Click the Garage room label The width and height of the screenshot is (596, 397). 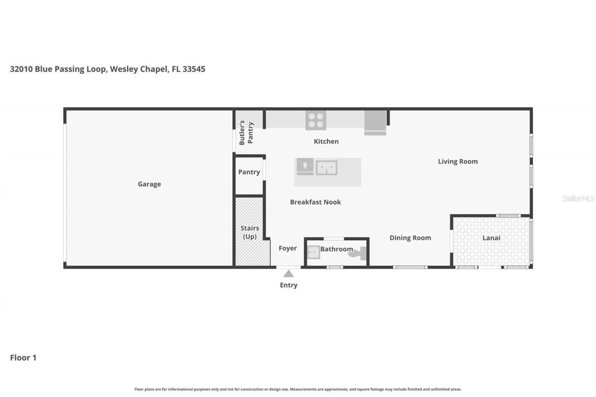[149, 184]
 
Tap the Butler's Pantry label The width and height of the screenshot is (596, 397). [246, 133]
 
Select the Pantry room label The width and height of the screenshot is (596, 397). [249, 172]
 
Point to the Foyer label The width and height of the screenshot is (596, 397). [288, 249]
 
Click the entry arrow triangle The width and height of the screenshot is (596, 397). [289, 274]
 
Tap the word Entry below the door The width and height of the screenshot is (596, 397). [289, 285]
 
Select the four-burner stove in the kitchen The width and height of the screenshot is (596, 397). [316, 120]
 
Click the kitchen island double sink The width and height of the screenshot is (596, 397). [326, 168]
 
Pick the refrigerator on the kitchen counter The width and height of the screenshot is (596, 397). [375, 122]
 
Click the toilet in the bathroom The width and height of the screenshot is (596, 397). [359, 254]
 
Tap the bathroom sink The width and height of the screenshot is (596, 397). [313, 252]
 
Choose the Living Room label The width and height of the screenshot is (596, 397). [458, 161]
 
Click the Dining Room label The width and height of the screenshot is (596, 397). [410, 238]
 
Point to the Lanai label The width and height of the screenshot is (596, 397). [491, 238]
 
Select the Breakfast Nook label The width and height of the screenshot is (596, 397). [315, 202]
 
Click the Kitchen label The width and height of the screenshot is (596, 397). [326, 141]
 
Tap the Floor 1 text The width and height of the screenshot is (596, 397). [23, 358]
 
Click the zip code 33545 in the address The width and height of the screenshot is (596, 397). [194, 69]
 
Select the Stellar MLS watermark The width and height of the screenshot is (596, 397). [578, 198]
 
